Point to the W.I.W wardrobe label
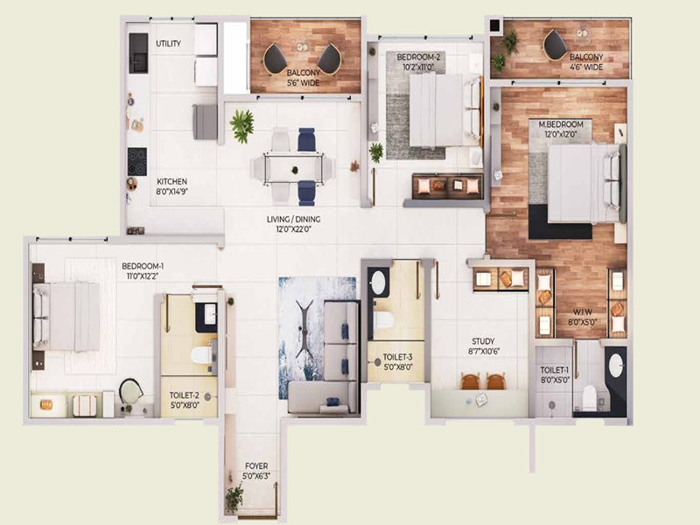[580, 314]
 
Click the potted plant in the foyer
[234, 499]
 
